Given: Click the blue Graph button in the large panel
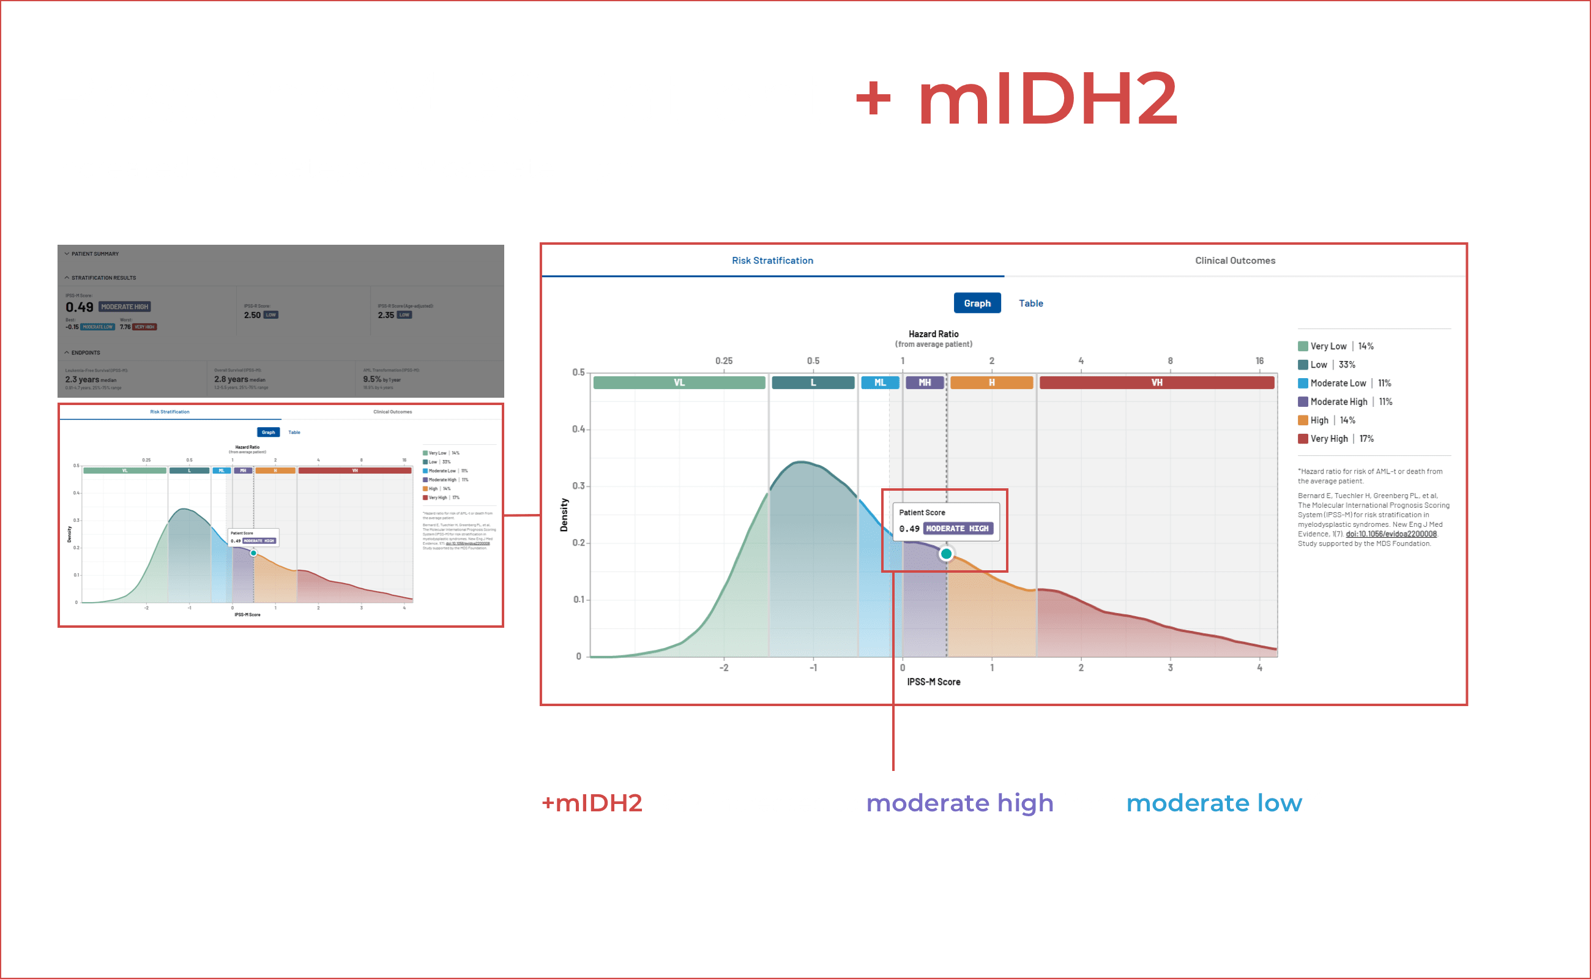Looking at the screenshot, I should [x=977, y=303].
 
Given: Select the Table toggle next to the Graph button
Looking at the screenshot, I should [x=1030, y=303].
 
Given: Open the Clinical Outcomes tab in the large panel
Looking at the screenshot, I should [x=1234, y=260].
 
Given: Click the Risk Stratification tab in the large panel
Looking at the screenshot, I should [x=772, y=260].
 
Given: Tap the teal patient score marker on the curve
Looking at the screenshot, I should [x=945, y=554].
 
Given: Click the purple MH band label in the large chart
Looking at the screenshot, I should [x=924, y=382].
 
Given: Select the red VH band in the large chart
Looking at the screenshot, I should [x=1156, y=382].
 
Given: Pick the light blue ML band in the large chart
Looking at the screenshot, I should [x=879, y=382].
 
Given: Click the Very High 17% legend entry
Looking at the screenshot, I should [x=1335, y=438].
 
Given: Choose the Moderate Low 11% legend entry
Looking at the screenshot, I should [x=1343, y=383].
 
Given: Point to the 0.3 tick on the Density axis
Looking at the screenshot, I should [x=578, y=486].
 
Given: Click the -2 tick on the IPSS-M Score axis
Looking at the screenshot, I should [x=723, y=668].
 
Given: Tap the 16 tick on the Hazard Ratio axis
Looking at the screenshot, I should [x=1259, y=360].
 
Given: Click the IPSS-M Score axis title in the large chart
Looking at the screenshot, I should [x=933, y=682].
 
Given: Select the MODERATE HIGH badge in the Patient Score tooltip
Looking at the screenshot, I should [x=956, y=528].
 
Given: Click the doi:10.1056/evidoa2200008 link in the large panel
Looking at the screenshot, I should [x=1390, y=534].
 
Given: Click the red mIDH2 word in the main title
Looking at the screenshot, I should [x=1047, y=99].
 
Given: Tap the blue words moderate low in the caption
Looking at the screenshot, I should [x=1213, y=803].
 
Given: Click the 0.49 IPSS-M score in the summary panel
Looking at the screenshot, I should [x=79, y=307].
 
